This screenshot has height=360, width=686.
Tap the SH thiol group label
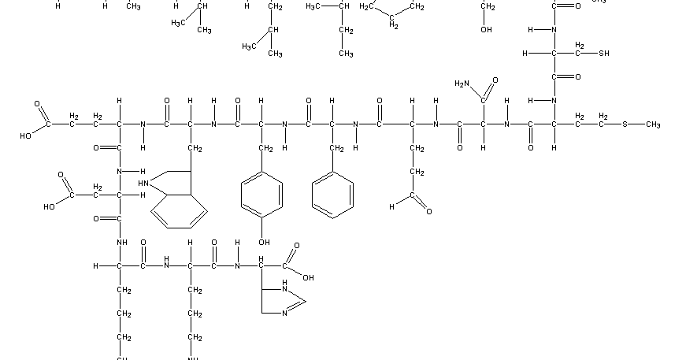[603, 54]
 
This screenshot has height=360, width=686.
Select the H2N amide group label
[462, 84]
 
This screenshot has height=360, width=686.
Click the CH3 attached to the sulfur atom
[651, 124]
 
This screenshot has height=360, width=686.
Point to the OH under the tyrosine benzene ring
[265, 243]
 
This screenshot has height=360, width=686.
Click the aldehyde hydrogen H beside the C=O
[391, 207]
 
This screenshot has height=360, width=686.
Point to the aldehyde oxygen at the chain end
[428, 211]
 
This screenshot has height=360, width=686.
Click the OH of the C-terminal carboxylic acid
[308, 277]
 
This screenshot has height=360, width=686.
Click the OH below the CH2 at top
[486, 30]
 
